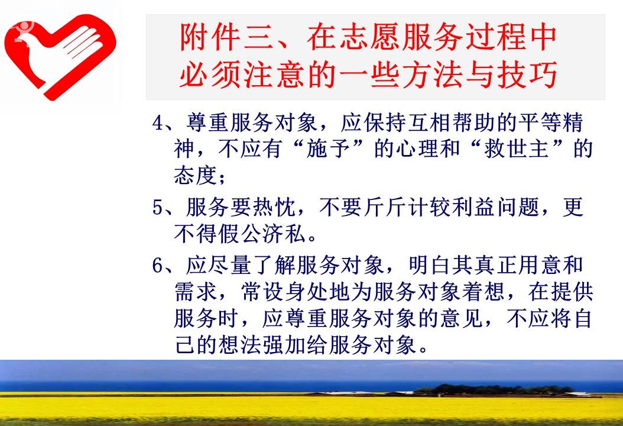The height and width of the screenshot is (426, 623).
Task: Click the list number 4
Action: (x=158, y=123)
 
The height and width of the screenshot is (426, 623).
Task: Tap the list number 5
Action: (x=158, y=208)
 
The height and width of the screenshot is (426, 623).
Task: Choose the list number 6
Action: (x=158, y=266)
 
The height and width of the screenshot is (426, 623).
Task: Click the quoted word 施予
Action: (x=328, y=149)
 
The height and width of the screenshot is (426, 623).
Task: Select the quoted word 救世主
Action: (x=517, y=149)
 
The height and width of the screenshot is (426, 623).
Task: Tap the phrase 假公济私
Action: (x=262, y=234)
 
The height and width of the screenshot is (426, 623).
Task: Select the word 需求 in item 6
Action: (x=196, y=292)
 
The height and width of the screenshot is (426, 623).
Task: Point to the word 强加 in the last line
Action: (x=284, y=345)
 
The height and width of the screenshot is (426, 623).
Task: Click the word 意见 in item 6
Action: (x=461, y=318)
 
